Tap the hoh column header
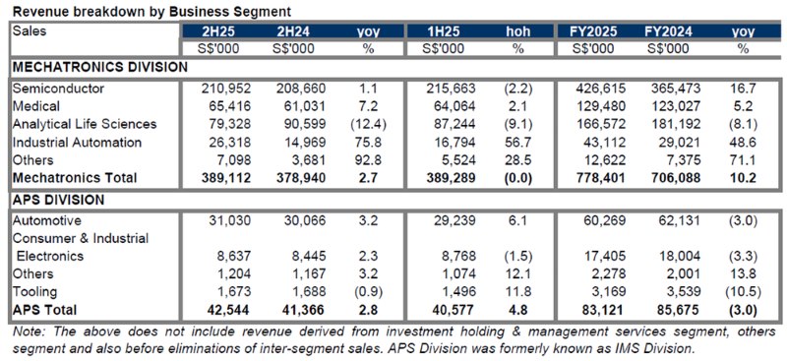coord(517,31)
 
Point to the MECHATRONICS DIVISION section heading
coord(99,67)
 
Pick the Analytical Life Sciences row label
coord(85,124)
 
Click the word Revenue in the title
coord(42,9)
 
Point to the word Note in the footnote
coord(29,331)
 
